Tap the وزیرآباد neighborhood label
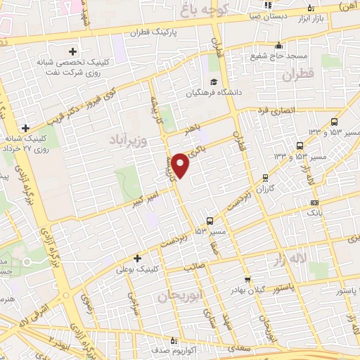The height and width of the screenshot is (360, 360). click(131, 141)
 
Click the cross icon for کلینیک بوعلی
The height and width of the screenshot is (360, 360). click(137, 259)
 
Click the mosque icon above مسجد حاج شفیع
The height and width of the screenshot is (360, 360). click(278, 42)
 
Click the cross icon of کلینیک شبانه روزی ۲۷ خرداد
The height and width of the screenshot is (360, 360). click(26, 127)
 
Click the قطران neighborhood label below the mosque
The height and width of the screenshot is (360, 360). click(297, 74)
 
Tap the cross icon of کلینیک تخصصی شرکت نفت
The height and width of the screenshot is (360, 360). click(73, 51)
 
